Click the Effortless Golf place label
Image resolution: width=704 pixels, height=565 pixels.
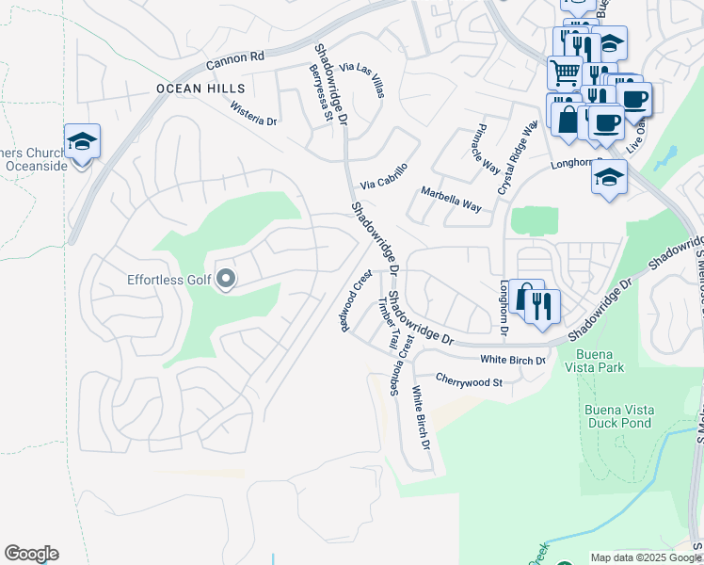click(x=169, y=280)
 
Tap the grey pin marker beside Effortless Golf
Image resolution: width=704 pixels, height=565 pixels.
click(x=226, y=279)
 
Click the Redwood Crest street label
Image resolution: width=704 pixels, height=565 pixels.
click(x=351, y=302)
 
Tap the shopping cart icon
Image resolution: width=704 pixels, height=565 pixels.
click(x=564, y=71)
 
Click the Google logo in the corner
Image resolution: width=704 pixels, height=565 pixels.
click(x=31, y=554)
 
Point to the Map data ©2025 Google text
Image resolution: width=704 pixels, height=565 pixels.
click(x=646, y=557)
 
